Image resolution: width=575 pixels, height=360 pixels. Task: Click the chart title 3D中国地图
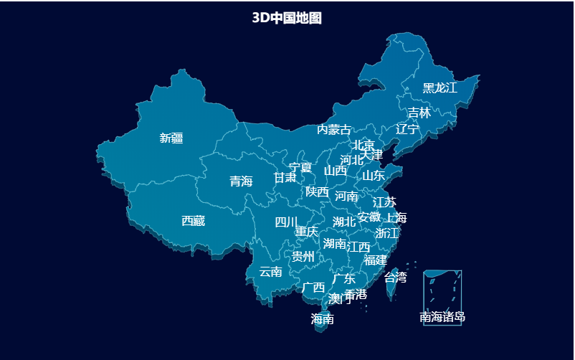point(287,18)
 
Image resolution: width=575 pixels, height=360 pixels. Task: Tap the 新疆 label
point(171,138)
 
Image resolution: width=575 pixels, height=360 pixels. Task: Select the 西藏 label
point(193,221)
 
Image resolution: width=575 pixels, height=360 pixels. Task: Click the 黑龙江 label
point(439,87)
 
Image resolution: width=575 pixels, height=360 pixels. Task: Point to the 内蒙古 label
point(334,130)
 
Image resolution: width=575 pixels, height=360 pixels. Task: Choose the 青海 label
point(241,181)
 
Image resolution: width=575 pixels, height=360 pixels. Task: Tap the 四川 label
point(286,222)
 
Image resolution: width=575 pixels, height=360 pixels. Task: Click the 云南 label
point(270,272)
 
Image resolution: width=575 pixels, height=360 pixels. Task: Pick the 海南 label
point(322,319)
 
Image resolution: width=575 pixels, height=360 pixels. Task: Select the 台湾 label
point(396,277)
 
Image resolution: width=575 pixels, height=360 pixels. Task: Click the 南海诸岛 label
point(442,317)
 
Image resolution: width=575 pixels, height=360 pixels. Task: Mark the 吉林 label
point(419,113)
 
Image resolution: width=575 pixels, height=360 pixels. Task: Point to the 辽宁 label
point(407,129)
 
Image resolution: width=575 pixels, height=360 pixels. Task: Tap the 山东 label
point(373,175)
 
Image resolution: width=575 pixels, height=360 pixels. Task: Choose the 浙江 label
point(387,233)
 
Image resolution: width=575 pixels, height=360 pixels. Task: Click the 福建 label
point(375,260)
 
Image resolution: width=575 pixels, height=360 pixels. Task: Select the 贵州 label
point(303,256)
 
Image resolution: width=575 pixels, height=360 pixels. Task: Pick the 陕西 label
point(317,191)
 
